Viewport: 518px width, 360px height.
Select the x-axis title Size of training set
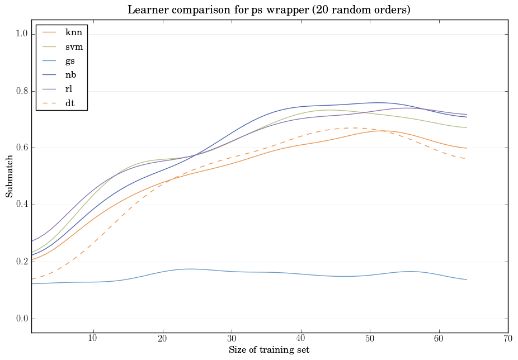[x=269, y=350]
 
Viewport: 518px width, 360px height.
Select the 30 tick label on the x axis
[x=232, y=339]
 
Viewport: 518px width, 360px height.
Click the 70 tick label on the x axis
[x=508, y=339]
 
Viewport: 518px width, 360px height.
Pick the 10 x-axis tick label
[x=93, y=339]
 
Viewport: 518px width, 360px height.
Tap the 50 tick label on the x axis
[x=370, y=339]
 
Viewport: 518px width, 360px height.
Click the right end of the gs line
[x=467, y=280]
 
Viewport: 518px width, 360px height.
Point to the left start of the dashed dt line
[x=31, y=279]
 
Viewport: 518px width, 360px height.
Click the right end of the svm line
[x=467, y=127]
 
